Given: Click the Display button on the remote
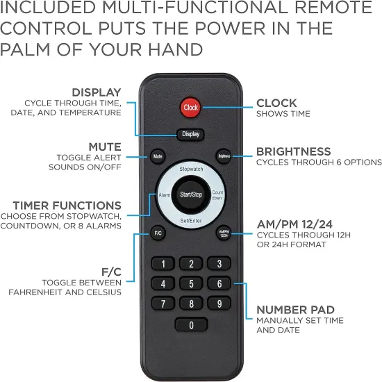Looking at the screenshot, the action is pyautogui.click(x=190, y=134).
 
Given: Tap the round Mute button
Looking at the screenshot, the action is pyautogui.click(x=158, y=156).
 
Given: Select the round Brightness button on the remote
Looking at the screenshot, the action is pyautogui.click(x=224, y=156).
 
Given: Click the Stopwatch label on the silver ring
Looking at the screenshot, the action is pyautogui.click(x=191, y=169).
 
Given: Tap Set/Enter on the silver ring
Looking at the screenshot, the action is pyautogui.click(x=191, y=221).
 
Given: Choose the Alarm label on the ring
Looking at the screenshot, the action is pyautogui.click(x=165, y=195).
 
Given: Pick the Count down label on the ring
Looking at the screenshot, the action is pyautogui.click(x=217, y=195).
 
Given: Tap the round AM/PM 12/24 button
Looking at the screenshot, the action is pyautogui.click(x=224, y=233).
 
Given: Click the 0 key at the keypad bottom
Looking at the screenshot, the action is pyautogui.click(x=191, y=325).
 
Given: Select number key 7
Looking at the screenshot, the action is pyautogui.click(x=163, y=304).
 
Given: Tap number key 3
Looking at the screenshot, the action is pyautogui.click(x=219, y=264).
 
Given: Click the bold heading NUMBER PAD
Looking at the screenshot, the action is pyautogui.click(x=295, y=310).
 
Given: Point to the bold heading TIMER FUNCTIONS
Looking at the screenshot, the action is pyautogui.click(x=67, y=206).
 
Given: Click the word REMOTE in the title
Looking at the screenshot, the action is pyautogui.click(x=333, y=7).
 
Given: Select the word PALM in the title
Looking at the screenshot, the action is pyautogui.click(x=25, y=49).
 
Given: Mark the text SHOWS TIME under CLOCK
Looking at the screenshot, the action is pyautogui.click(x=283, y=114).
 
